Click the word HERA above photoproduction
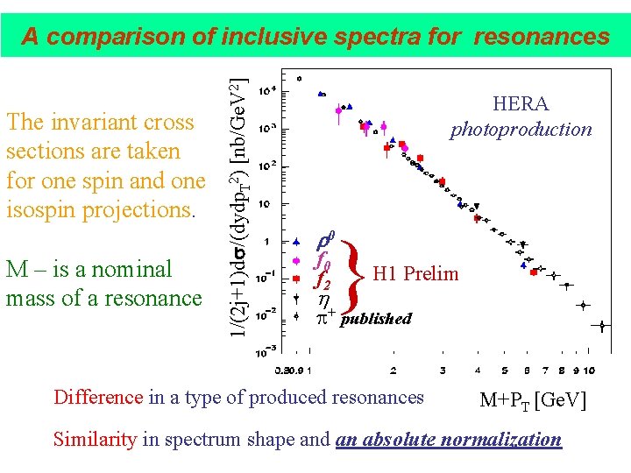coord(521,104)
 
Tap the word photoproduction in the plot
coord(521,130)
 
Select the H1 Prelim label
coord(415,274)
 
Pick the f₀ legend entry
coord(322,261)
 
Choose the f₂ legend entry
coord(322,280)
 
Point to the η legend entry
coord(320,299)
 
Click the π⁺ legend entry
coord(324,317)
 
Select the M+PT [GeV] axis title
coord(532,401)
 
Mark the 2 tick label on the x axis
coord(393,370)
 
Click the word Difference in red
coord(98,398)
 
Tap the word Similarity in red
coord(95,440)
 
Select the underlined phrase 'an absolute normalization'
coord(448,440)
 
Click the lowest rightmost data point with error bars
coord(602,326)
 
